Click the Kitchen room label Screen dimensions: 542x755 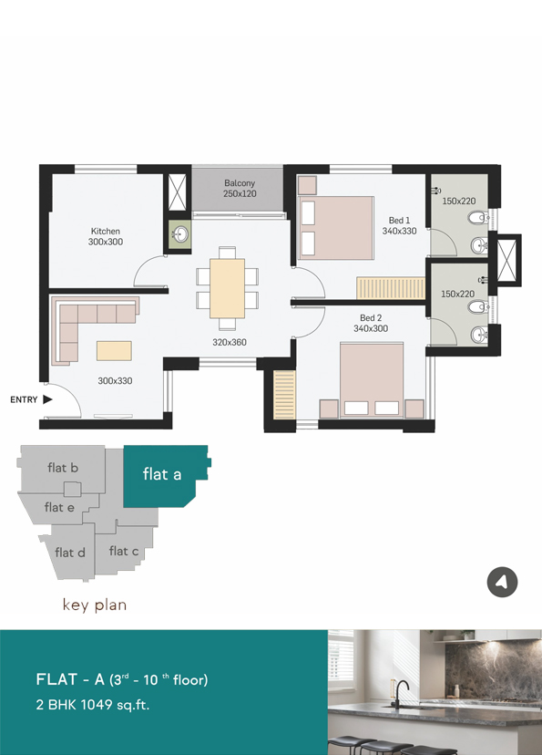coord(106,231)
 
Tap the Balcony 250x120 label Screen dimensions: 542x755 coord(240,188)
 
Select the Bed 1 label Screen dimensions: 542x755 coord(399,220)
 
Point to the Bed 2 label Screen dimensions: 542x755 coord(371,318)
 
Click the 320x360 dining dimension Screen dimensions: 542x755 coord(230,342)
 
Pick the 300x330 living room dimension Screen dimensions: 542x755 coord(115,381)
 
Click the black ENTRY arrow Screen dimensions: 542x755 coord(47,399)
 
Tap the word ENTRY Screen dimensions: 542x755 coord(24,399)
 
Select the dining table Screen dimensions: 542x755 coord(227,288)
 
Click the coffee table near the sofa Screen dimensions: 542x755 coord(114,350)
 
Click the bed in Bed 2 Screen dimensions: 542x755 coord(372,379)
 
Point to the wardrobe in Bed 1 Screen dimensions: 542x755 coord(391,288)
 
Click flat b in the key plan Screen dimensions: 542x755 coord(62,468)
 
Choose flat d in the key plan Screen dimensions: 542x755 coord(70,553)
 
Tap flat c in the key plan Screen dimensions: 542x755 coord(124,551)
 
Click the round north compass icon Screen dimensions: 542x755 coord(502,582)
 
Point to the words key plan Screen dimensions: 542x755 coord(95,605)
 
